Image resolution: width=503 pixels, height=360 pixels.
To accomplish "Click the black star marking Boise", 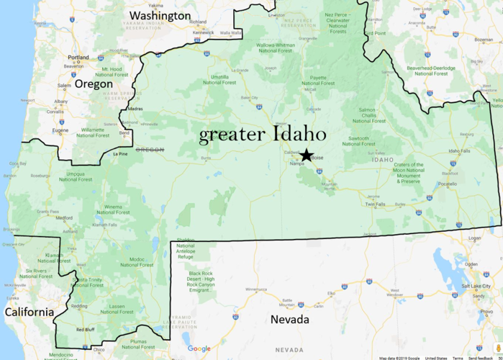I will (307, 155).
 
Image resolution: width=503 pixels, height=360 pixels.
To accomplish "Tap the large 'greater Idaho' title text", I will (263, 134).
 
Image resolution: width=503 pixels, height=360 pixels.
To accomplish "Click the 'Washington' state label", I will (159, 15).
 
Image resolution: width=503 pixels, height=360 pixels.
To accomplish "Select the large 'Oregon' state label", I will (94, 84).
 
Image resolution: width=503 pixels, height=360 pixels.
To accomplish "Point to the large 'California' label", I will (29, 312).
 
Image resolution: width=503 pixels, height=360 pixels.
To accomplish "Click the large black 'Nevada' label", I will (290, 319).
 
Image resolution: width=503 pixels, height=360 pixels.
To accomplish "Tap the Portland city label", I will (78, 58).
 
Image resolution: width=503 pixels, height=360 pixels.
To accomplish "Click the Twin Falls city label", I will (376, 204).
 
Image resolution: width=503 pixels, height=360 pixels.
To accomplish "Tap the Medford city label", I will (64, 217).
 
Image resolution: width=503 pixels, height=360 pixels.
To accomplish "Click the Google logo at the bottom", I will (199, 349).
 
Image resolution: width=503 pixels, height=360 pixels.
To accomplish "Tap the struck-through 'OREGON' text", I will (150, 150).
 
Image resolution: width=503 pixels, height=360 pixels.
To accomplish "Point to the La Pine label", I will (120, 153).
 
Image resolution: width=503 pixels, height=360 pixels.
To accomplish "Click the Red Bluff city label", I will (85, 329).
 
